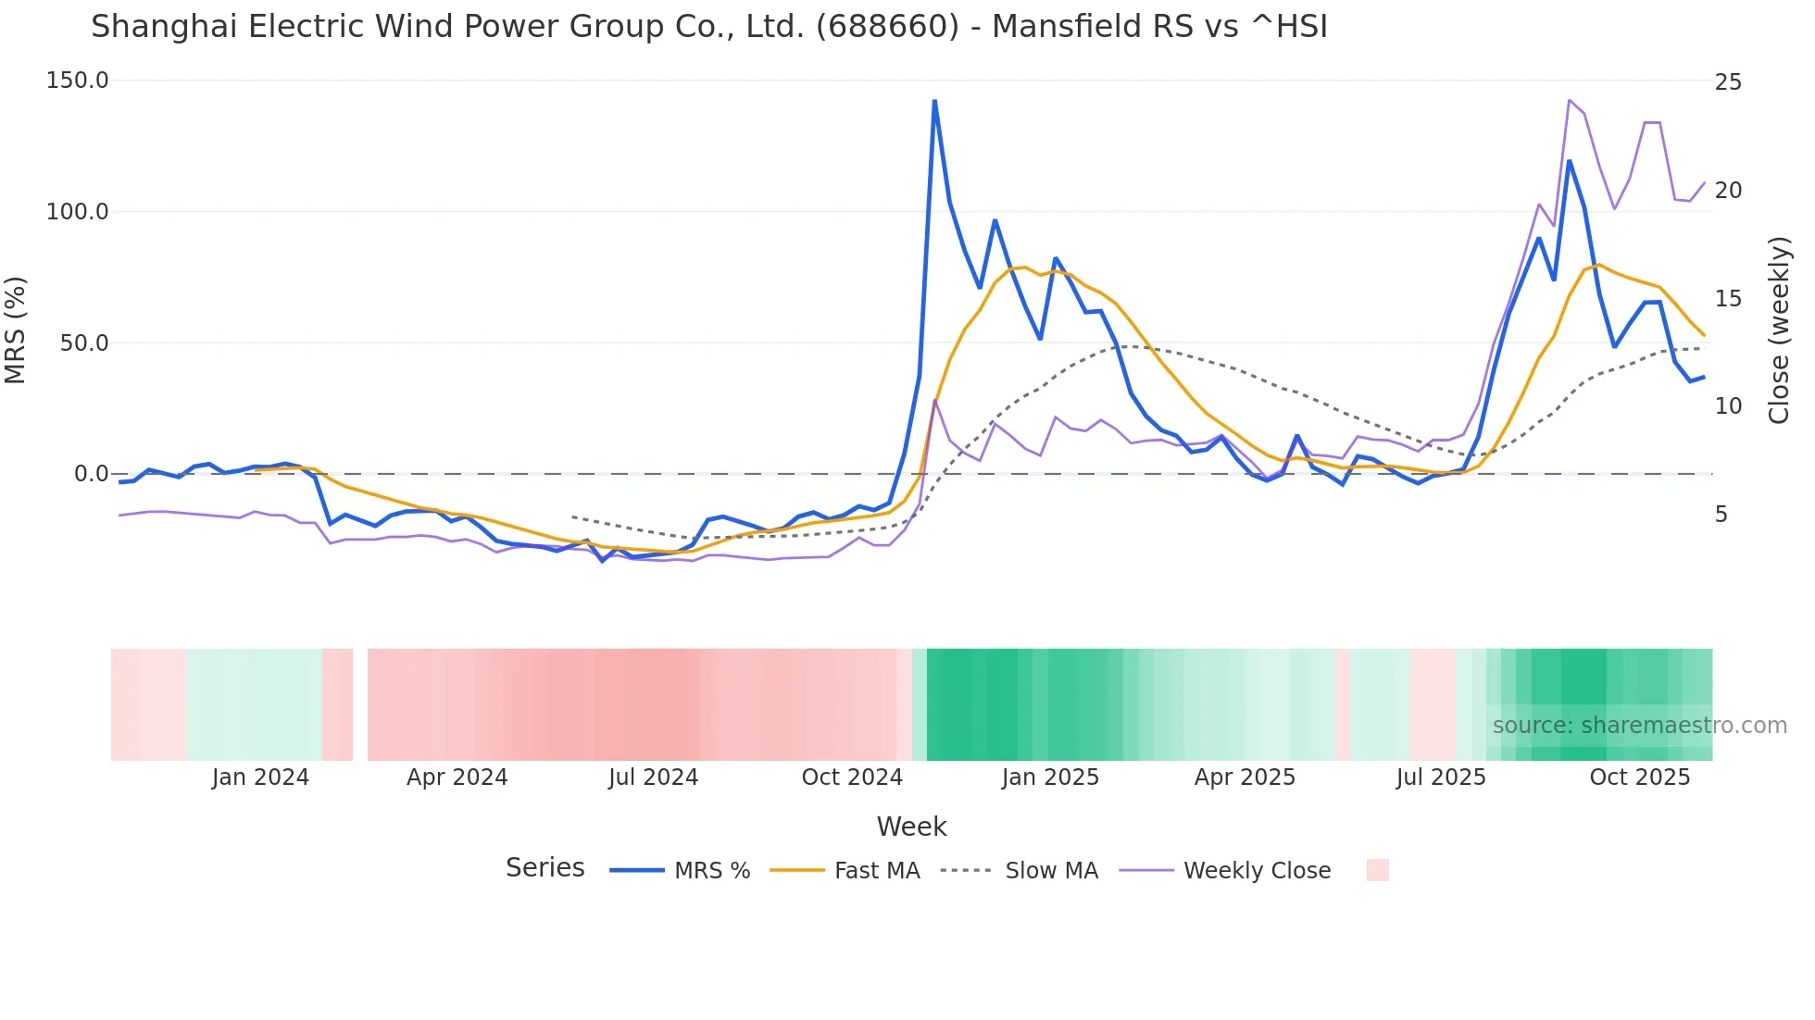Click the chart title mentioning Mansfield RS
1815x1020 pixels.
click(708, 27)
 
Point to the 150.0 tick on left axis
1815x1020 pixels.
click(78, 81)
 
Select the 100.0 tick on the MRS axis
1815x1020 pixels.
click(78, 212)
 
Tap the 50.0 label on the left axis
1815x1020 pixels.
click(84, 343)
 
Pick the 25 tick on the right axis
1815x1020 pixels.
click(1728, 82)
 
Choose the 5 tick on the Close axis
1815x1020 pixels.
click(1721, 515)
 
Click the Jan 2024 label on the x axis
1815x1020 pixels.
click(260, 777)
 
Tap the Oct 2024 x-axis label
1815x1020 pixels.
click(852, 777)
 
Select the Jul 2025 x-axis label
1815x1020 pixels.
click(1441, 777)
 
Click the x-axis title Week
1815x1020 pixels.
click(911, 827)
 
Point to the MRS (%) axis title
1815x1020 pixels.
click(16, 330)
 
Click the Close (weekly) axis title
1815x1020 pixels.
click(1779, 330)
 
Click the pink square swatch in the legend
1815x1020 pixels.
click(1377, 870)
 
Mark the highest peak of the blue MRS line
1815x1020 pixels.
click(934, 101)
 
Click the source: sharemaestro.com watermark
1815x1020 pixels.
click(1639, 726)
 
